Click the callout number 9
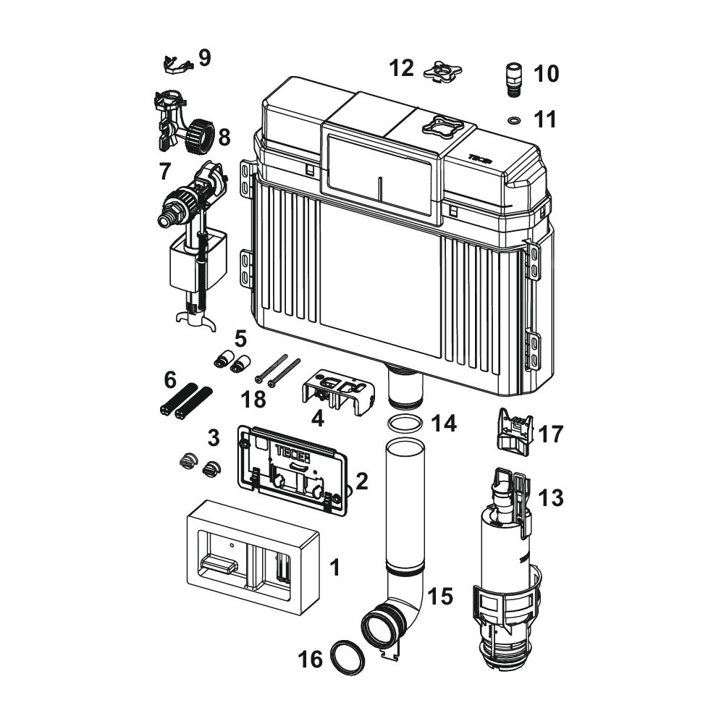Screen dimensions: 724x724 205,58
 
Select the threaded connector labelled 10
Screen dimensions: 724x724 513,78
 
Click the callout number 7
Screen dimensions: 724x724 165,172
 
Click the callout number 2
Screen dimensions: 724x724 361,480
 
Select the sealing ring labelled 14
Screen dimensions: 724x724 405,424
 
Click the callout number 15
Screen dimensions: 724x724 439,597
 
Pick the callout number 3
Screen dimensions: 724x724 213,437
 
